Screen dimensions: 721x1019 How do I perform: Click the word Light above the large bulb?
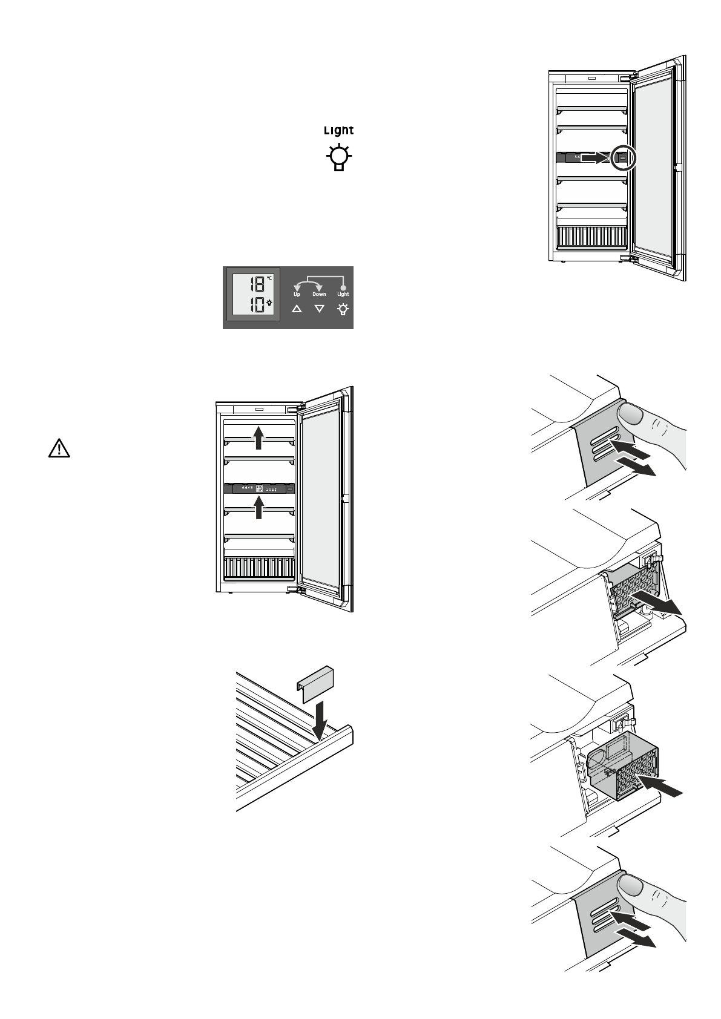click(338, 130)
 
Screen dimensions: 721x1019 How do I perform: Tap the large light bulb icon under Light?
click(339, 158)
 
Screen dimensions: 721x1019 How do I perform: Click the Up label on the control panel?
click(297, 294)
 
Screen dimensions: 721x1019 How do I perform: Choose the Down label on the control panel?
click(319, 294)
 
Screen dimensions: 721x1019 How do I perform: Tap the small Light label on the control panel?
click(343, 294)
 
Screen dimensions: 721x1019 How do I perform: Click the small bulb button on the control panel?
click(343, 309)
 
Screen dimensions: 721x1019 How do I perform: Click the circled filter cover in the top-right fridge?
click(624, 158)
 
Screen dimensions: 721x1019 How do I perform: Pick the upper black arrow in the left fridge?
click(258, 436)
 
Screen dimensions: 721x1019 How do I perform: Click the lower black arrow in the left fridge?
click(259, 506)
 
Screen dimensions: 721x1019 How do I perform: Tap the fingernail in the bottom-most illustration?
click(630, 886)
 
